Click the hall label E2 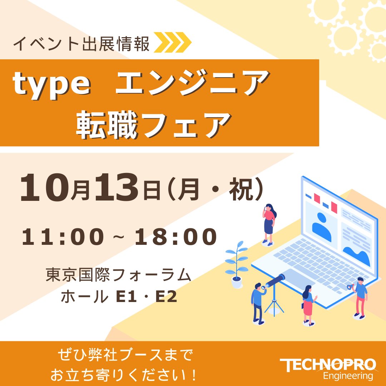[x=166, y=296]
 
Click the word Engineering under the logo [x=348, y=376]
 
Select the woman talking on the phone [x=268, y=224]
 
